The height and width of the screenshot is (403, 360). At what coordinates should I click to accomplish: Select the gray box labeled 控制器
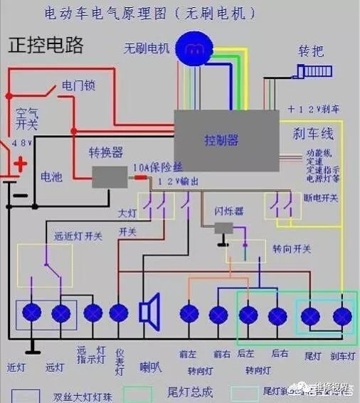point(226,139)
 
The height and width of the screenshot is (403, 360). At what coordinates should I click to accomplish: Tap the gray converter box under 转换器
point(110,176)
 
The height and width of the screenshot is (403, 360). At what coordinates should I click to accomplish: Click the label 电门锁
point(78,86)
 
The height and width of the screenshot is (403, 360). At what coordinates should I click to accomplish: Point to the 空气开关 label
point(27,119)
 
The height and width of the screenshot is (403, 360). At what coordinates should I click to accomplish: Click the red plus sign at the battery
point(21,165)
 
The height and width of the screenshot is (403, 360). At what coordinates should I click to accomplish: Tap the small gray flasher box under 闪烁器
point(224,228)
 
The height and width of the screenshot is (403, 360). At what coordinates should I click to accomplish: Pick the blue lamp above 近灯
point(31,313)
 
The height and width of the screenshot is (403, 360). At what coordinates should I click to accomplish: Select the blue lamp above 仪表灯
point(118,313)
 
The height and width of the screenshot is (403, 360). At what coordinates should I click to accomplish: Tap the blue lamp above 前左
point(189,314)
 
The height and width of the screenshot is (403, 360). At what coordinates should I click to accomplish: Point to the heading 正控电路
point(46,45)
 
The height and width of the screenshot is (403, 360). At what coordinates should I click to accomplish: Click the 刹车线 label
point(313,134)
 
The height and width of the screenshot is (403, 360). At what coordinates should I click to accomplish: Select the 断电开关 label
point(322,197)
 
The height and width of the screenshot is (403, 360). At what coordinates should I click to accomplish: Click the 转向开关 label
point(292,248)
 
